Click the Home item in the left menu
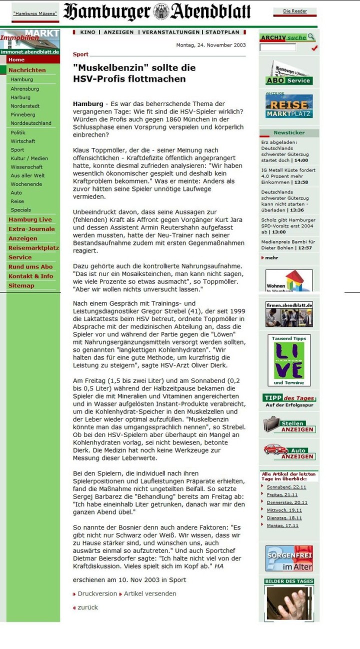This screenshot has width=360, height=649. click(x=16, y=60)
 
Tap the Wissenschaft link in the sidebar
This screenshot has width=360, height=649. click(x=26, y=167)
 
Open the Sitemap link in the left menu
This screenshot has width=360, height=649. click(x=21, y=286)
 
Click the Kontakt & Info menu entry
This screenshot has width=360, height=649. click(x=30, y=276)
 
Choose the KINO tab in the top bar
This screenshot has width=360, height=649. click(x=87, y=32)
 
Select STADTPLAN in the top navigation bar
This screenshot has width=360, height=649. click(x=222, y=32)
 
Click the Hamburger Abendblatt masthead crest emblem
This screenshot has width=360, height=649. click(x=161, y=11)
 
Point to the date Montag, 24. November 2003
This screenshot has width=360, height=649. click(x=211, y=45)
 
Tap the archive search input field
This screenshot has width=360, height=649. click(x=277, y=47)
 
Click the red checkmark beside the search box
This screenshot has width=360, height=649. click(x=314, y=48)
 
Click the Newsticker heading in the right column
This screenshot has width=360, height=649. click(x=289, y=133)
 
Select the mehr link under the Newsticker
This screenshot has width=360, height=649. click(x=271, y=258)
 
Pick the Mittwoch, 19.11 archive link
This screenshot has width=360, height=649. click(x=284, y=510)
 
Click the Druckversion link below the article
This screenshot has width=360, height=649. click(x=97, y=593)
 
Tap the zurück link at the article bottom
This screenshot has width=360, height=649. click(x=87, y=607)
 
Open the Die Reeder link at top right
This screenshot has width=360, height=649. click(x=295, y=11)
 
